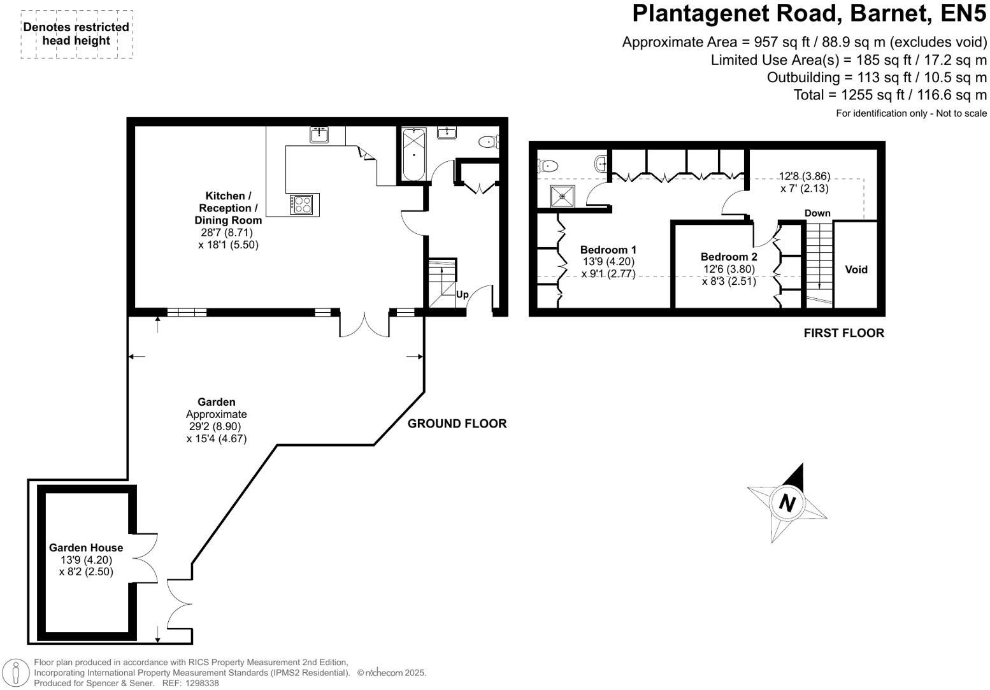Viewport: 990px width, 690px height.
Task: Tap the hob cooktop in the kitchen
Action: pos(302,204)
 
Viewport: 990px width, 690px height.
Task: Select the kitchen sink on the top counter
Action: pos(319,134)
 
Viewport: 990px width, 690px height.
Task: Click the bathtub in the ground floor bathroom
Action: pos(414,154)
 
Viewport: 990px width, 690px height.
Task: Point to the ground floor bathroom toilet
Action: pos(489,141)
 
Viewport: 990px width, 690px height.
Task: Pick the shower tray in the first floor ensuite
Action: pos(563,196)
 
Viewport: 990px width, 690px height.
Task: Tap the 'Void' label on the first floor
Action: pos(856,270)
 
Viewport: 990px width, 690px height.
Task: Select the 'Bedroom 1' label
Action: pos(608,250)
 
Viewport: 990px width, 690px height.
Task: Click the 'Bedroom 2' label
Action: pos(729,257)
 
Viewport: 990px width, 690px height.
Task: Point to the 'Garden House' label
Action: pos(86,547)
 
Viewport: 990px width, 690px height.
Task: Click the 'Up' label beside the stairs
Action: pos(463,294)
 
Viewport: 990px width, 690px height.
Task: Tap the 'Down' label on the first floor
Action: pos(817,213)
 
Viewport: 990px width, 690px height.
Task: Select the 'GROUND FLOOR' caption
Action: pos(457,424)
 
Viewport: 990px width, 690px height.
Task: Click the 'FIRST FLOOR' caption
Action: pos(843,333)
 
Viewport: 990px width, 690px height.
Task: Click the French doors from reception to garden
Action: pos(364,324)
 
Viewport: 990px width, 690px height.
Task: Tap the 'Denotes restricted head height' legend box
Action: pos(76,34)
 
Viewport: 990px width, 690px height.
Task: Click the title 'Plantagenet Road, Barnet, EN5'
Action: pos(809,14)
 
